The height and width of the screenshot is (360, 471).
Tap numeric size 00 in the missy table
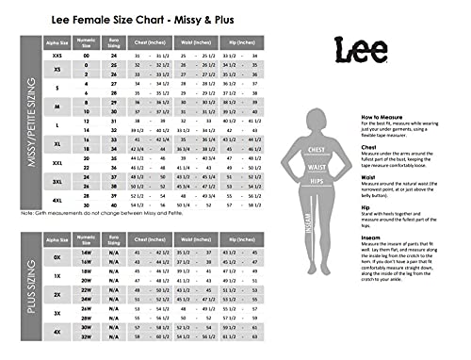86,57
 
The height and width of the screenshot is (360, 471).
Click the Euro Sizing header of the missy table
114,43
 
